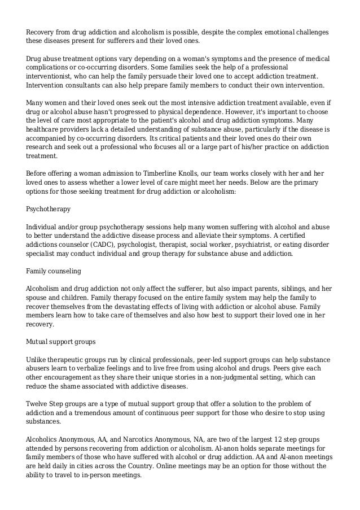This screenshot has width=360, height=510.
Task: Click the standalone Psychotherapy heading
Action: point(49,209)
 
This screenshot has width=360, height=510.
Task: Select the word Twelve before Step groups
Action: point(38,404)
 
